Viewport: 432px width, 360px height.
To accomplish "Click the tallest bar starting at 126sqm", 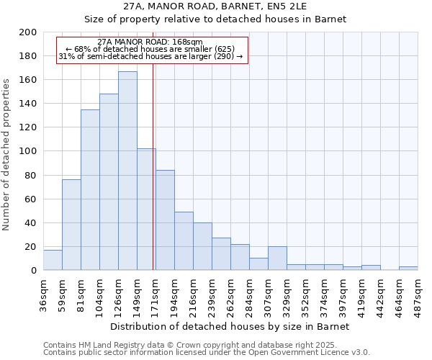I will pyautogui.click(x=127, y=171).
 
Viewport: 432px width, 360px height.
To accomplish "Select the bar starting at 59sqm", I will pyautogui.click(x=71, y=225).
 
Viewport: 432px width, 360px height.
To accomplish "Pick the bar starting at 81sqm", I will pyautogui.click(x=90, y=190).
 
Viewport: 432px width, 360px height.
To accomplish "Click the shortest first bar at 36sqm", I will pyautogui.click(x=53, y=260).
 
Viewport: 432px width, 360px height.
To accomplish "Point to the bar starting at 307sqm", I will pyautogui.click(x=277, y=258).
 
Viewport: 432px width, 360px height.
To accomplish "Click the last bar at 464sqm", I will pyautogui.click(x=408, y=269).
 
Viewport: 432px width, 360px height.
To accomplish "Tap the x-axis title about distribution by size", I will pyautogui.click(x=230, y=326).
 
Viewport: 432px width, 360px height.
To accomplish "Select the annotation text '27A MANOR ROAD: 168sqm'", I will pyautogui.click(x=150, y=42).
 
